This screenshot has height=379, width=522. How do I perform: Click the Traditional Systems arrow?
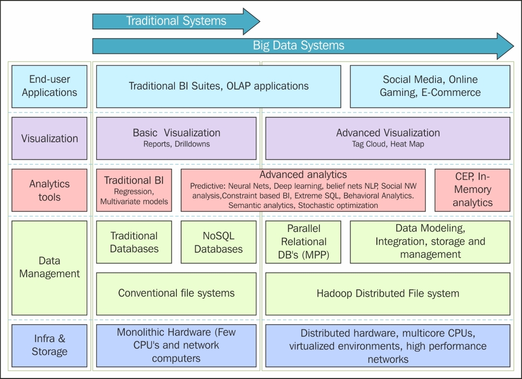point(176,21)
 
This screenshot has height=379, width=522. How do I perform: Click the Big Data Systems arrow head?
point(505,46)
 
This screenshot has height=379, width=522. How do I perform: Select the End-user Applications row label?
point(49,87)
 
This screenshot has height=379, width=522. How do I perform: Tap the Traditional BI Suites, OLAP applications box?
point(218,87)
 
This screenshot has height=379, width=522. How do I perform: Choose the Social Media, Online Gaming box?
point(430,87)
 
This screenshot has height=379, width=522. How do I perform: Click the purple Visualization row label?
point(49,138)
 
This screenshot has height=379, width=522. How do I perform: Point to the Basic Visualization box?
point(176,138)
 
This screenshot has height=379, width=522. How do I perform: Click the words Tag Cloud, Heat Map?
point(388,144)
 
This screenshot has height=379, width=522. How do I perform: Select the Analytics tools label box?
point(49,190)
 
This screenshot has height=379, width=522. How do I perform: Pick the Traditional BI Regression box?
point(134,190)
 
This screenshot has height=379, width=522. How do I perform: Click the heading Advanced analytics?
point(303,175)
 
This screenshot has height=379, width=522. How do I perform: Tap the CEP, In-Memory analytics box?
point(472,190)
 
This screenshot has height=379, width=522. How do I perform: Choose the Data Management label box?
point(49,268)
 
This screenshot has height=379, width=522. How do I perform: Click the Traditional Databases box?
point(134,242)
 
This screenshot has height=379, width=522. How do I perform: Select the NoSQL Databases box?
point(218,242)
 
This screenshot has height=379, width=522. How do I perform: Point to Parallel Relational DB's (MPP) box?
point(303,242)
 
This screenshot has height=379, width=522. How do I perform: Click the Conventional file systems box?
point(176,294)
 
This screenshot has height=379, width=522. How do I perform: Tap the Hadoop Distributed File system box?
point(388,294)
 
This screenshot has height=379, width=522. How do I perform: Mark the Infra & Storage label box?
point(49,346)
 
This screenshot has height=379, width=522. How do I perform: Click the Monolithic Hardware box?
point(176,346)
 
